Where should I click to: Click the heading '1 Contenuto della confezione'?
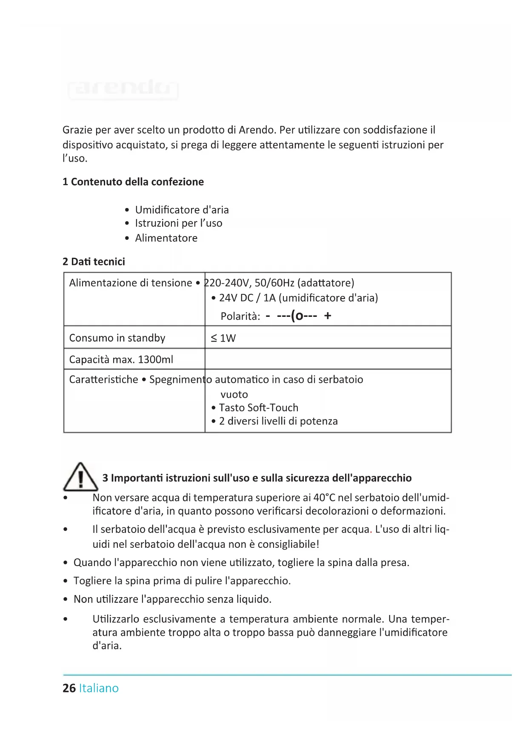tap(133, 182)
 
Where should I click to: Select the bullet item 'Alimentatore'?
tap(166, 238)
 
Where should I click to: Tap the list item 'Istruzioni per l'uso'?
tap(178, 223)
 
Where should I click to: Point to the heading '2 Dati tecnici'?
tap(94, 262)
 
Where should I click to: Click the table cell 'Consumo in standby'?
tap(117, 338)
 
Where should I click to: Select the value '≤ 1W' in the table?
tap(223, 338)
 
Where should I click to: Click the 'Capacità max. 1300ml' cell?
tap(121, 360)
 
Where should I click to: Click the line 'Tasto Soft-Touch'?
tap(258, 408)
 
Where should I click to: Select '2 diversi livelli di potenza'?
tap(278, 421)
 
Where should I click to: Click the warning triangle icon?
tap(80, 477)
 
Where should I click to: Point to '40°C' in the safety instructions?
tap(324, 498)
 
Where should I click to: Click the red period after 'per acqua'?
tap(371, 532)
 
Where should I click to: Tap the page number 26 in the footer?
tap(69, 688)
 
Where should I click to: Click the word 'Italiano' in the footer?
tap(99, 688)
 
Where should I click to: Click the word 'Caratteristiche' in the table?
tap(103, 379)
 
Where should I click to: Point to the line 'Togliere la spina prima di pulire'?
tap(182, 581)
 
